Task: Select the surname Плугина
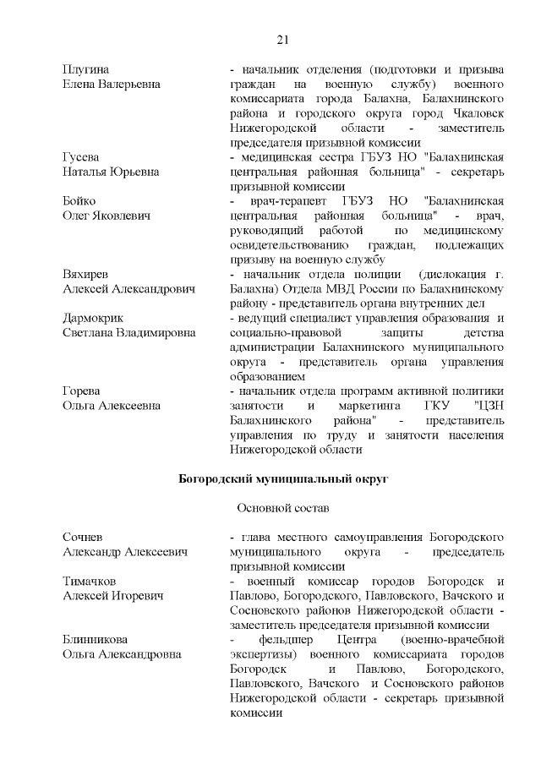click(88, 68)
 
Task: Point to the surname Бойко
click(80, 200)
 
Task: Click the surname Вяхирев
click(86, 274)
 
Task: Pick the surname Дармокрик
click(93, 318)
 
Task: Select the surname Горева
click(82, 391)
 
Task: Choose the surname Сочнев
click(84, 537)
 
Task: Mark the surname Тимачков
click(90, 581)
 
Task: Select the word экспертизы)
click(262, 654)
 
